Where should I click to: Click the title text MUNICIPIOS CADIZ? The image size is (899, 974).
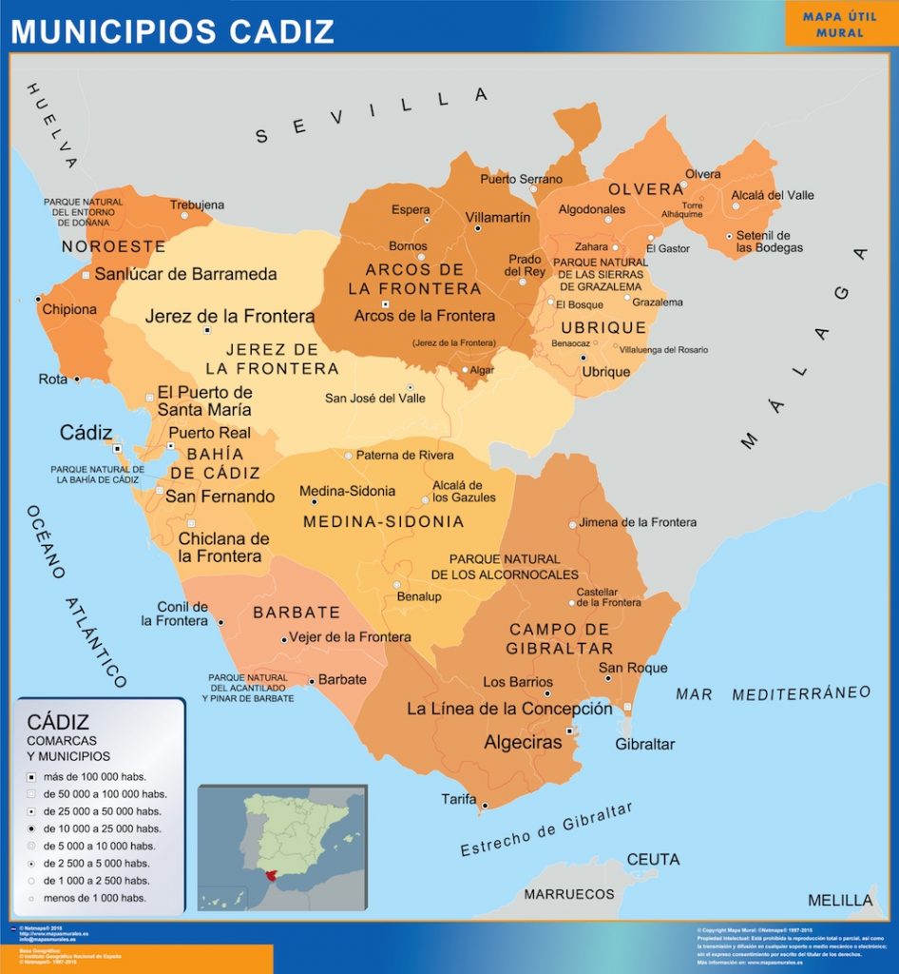(x=172, y=31)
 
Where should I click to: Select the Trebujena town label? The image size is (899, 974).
(x=197, y=205)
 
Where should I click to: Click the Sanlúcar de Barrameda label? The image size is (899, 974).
(x=185, y=274)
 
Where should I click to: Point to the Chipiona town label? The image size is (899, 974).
(x=69, y=309)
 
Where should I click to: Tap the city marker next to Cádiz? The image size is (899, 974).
(x=118, y=448)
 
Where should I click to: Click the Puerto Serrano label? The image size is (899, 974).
(x=521, y=179)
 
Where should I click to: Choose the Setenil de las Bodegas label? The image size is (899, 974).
(x=769, y=242)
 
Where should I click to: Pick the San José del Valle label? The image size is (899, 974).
(x=375, y=398)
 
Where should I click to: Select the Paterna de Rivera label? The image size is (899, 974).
(x=405, y=455)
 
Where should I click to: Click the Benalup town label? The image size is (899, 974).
(x=419, y=596)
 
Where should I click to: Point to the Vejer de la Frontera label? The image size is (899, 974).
(x=350, y=637)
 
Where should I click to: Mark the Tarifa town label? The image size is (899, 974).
(x=458, y=799)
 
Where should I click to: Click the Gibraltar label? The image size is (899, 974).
(x=644, y=744)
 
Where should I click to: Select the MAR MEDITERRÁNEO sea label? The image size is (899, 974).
(x=773, y=693)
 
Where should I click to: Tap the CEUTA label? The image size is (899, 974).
(x=653, y=859)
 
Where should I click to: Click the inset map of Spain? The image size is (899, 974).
(x=281, y=847)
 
